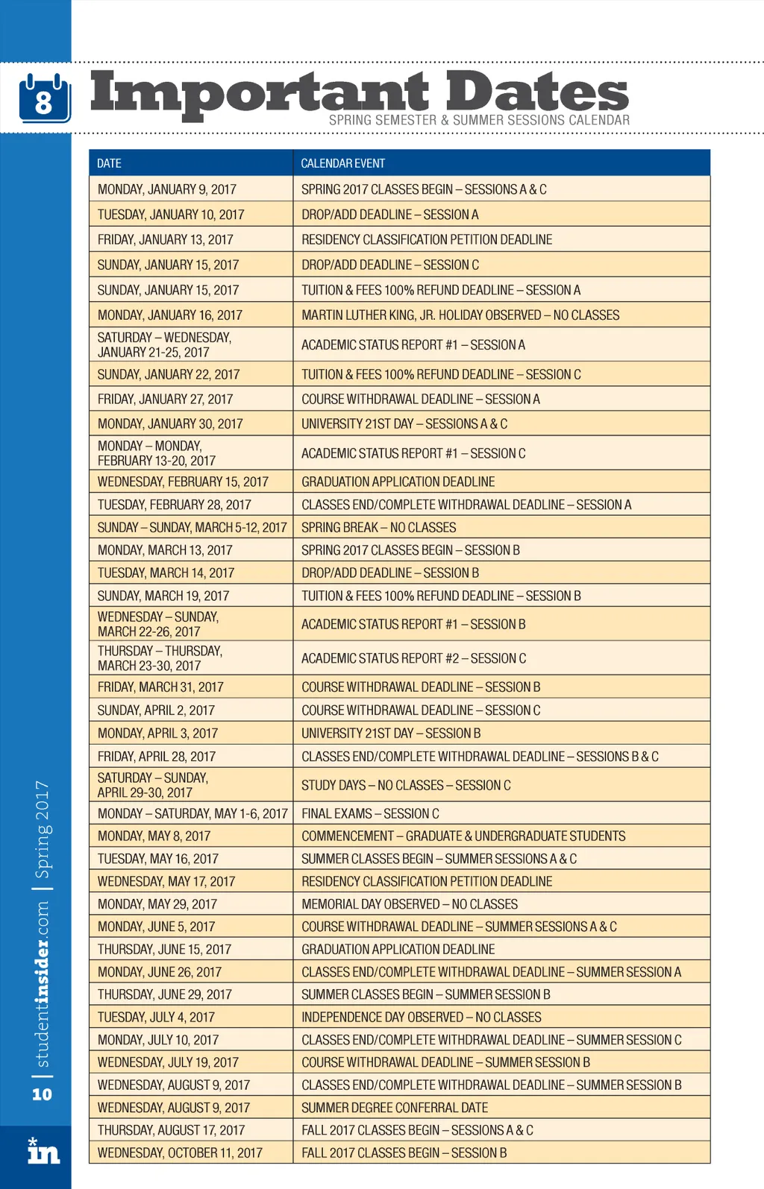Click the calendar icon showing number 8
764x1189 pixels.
45,98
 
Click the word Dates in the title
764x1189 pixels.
537,92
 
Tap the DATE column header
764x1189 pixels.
109,163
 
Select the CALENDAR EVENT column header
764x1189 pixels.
343,163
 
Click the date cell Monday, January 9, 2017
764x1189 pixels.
167,189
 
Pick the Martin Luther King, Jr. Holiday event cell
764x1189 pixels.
460,315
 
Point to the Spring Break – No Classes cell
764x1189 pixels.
378,528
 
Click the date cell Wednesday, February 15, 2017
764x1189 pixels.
183,482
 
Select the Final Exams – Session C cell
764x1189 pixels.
370,813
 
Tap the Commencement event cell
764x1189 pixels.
463,836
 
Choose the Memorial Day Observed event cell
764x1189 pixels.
410,904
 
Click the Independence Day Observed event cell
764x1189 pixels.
422,1018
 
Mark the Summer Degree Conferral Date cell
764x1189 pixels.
395,1108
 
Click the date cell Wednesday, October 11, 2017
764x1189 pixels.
180,1153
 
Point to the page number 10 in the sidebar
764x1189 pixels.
42,1094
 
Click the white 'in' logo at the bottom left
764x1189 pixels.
43,1152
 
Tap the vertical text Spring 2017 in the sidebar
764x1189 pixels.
43,829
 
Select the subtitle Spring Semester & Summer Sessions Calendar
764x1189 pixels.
479,120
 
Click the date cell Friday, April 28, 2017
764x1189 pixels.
157,757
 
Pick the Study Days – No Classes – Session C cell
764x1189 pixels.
406,786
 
